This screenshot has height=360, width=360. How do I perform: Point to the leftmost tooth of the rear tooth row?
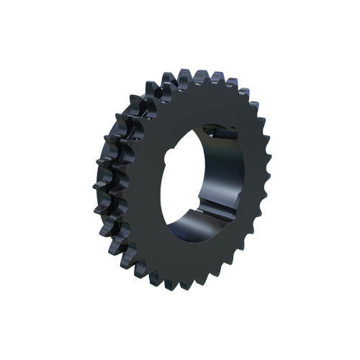coord(96,173)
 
